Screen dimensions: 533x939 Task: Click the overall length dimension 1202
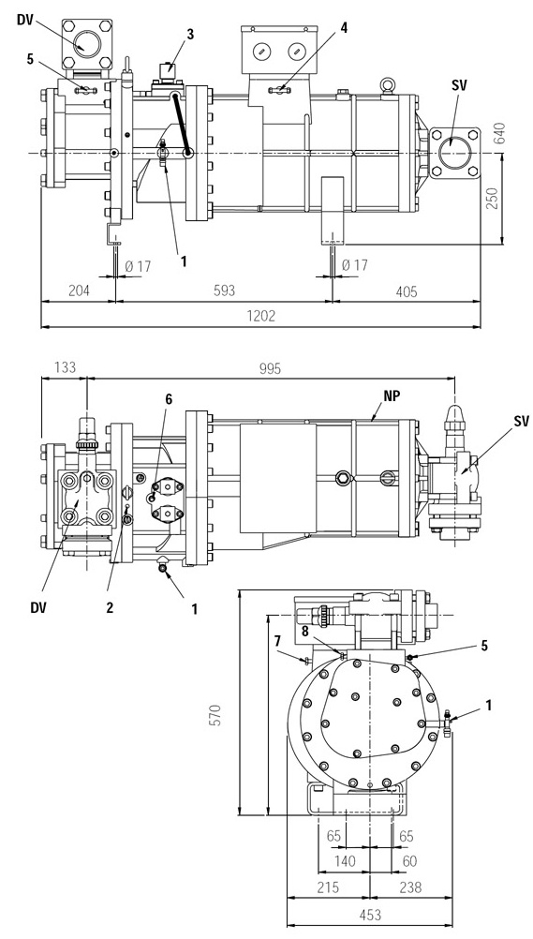pyautogui.click(x=261, y=316)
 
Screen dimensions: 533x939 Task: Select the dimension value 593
pyautogui.click(x=224, y=291)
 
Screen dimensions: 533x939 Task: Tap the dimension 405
pyautogui.click(x=406, y=291)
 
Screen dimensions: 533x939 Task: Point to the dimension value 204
pyautogui.click(x=78, y=291)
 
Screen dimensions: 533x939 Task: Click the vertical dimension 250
pyautogui.click(x=491, y=197)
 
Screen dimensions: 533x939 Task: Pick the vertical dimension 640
pyautogui.click(x=500, y=134)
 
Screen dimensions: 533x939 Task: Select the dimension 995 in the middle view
pyautogui.click(x=270, y=368)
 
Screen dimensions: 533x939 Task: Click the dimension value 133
pyautogui.click(x=65, y=366)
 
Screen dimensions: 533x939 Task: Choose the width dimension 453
pyautogui.click(x=370, y=915)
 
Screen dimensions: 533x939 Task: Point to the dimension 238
pyautogui.click(x=409, y=887)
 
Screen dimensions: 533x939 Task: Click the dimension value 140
pyautogui.click(x=345, y=861)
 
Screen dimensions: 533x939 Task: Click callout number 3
pyautogui.click(x=190, y=34)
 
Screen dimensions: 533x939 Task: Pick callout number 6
pyautogui.click(x=169, y=400)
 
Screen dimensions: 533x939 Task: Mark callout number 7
pyautogui.click(x=277, y=642)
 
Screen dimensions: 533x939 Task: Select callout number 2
pyautogui.click(x=110, y=608)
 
